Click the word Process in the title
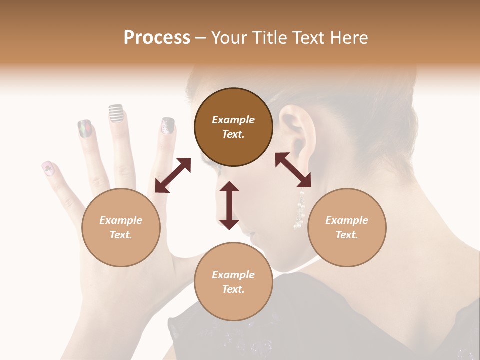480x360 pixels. (157, 38)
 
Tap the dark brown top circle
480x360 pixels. (233, 127)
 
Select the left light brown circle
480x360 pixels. (121, 227)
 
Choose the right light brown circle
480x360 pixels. (347, 227)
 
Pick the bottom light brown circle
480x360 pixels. (233, 281)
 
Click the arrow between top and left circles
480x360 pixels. (173, 175)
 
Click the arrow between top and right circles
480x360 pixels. (293, 170)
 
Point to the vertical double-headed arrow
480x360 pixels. (229, 205)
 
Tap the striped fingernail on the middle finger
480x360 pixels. (116, 113)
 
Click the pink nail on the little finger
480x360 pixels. (48, 169)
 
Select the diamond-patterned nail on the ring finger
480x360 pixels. (85, 129)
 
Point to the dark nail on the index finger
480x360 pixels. (168, 125)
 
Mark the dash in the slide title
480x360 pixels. (200, 38)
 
